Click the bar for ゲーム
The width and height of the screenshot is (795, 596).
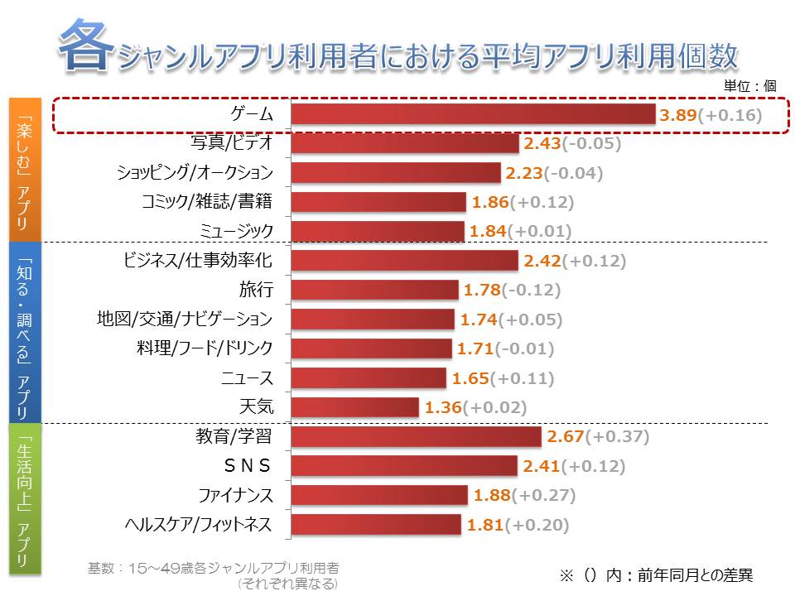click(473, 114)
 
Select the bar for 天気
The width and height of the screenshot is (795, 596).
click(355, 407)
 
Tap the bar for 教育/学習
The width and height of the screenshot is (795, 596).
click(416, 437)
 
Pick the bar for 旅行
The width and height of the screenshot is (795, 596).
click(374, 290)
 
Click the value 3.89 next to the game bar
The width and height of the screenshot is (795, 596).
click(677, 115)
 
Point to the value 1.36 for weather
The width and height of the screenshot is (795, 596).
click(442, 407)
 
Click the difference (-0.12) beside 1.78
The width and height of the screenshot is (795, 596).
click(530, 290)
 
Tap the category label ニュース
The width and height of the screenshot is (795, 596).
click(247, 378)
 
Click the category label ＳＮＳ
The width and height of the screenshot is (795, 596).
click(247, 466)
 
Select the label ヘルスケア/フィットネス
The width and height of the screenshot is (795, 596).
click(198, 525)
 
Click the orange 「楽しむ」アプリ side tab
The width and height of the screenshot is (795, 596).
click(25, 169)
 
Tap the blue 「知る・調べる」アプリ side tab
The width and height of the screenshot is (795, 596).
click(25, 331)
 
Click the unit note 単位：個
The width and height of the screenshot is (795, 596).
click(749, 84)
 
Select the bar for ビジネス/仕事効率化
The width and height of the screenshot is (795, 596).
click(404, 261)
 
